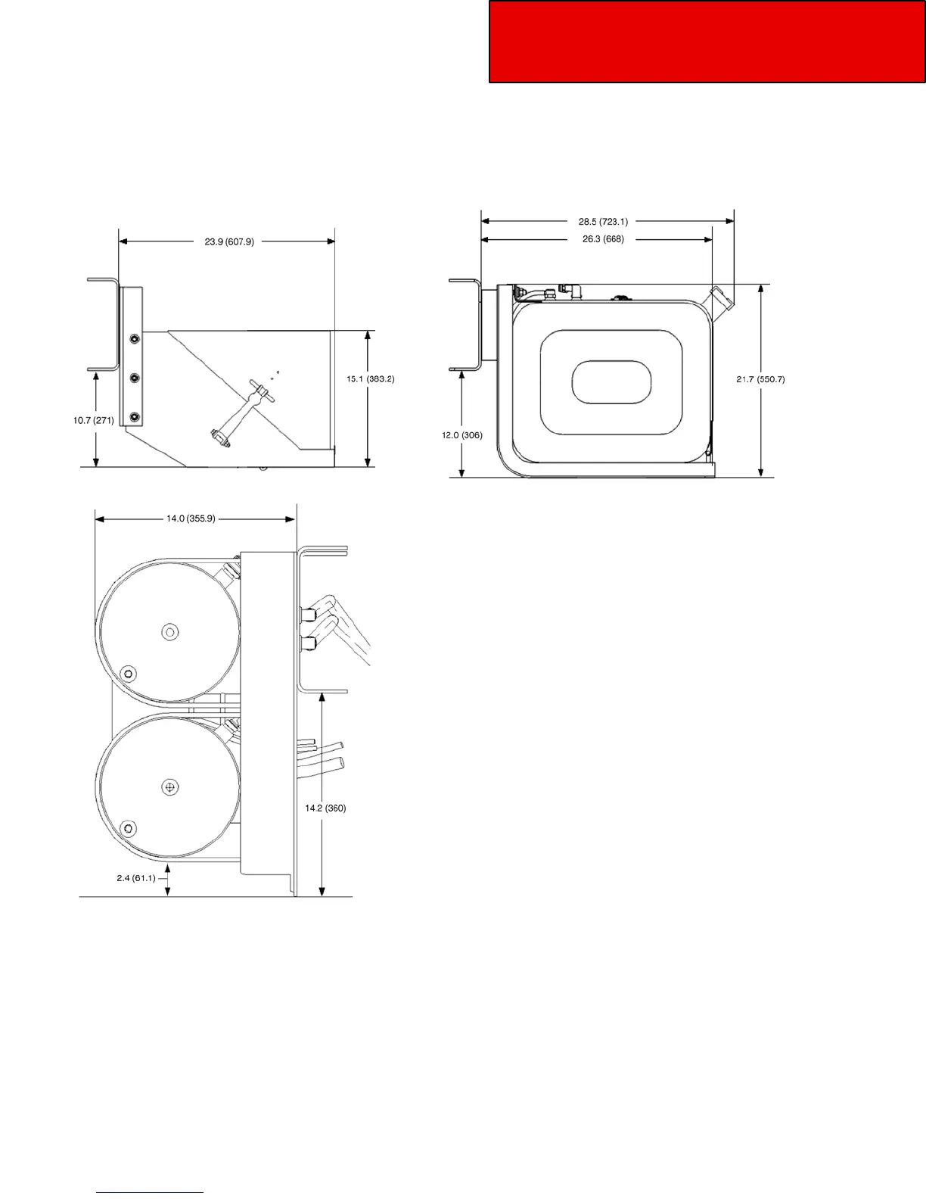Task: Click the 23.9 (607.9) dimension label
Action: pos(229,241)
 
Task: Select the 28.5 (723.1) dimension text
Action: pos(603,222)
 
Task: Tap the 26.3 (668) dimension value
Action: pos(603,239)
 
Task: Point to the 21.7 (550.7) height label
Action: pos(760,380)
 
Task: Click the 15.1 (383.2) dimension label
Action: pos(371,379)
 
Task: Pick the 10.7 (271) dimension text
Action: pos(94,420)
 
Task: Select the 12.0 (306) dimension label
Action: pos(462,435)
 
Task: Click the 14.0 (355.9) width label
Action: pos(191,519)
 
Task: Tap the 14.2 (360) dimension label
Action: pos(325,808)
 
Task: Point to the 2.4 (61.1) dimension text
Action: pos(136,878)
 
